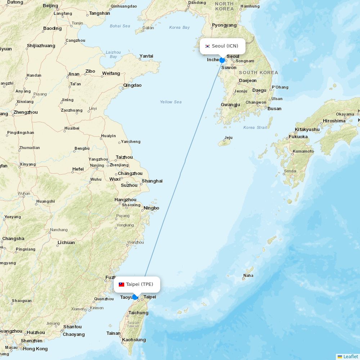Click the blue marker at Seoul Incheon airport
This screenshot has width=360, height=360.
(222, 60)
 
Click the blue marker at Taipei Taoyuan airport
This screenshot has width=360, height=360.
(135, 297)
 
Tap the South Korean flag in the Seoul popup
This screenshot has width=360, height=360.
(207, 46)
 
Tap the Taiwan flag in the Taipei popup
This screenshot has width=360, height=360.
(121, 284)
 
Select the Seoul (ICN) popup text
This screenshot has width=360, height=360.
(225, 46)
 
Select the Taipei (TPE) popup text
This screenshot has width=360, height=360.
(140, 284)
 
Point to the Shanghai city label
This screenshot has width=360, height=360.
(152, 181)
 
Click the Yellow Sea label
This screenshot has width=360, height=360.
(171, 102)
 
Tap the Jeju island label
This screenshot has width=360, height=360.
(228, 138)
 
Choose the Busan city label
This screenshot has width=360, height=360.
(274, 108)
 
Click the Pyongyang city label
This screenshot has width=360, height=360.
(224, 25)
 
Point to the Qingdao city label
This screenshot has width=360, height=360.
(132, 85)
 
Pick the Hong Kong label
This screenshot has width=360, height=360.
(35, 348)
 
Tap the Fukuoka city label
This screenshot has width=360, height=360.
(298, 137)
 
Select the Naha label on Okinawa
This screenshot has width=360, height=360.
(248, 276)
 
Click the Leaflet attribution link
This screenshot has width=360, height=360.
(350, 356)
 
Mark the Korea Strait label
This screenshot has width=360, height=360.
(255, 127)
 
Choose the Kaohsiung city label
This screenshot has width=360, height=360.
(134, 339)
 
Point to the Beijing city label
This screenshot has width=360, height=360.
(50, 5)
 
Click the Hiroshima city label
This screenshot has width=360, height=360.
(334, 121)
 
